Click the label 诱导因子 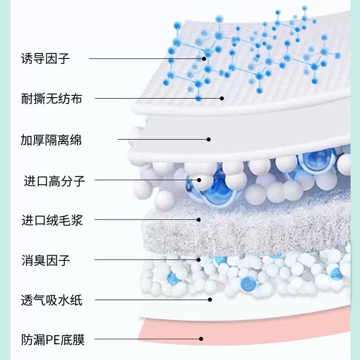[45, 58]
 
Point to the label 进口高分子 [54, 182]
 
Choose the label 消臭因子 [45, 260]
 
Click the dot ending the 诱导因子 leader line [204, 58]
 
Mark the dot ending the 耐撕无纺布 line [221, 98]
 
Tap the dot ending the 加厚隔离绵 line [208, 139]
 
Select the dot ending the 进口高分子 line [198, 180]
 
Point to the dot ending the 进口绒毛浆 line [198, 220]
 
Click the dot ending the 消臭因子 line [198, 260]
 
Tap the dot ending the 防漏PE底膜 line [201, 339]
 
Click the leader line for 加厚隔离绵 [162, 139]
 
